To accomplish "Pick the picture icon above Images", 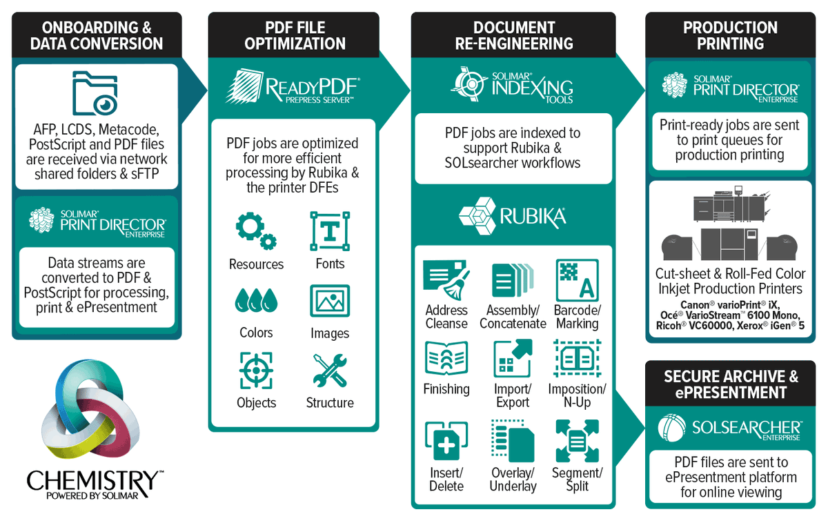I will point(329,302).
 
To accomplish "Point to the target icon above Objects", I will point(256,370).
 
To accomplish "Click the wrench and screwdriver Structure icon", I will point(329,370).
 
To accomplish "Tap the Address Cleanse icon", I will point(446,279).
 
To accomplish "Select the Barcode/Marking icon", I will point(577,279).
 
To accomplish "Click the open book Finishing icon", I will point(446,358).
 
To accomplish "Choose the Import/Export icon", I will point(513,358).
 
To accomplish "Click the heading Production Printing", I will point(730,36).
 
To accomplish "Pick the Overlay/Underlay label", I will point(513,480).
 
